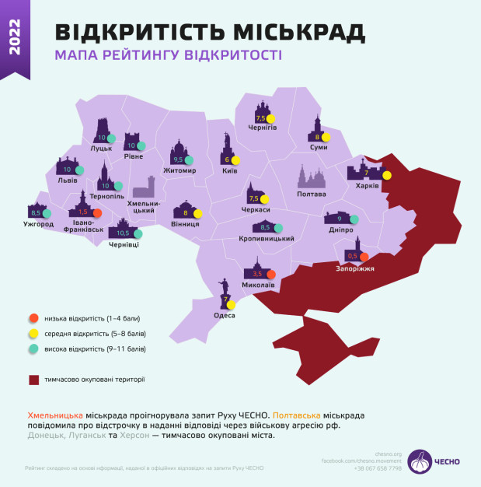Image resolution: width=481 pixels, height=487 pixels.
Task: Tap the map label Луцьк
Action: pyautogui.click(x=101, y=147)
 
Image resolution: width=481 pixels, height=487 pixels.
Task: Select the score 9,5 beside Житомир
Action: pyautogui.click(x=177, y=159)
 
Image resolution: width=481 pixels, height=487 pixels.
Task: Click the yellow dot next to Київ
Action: pyautogui.click(x=235, y=160)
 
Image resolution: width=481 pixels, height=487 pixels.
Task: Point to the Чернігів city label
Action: pyautogui.click(x=263, y=128)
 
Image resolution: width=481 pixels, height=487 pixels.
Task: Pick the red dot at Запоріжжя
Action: pyautogui.click(x=364, y=257)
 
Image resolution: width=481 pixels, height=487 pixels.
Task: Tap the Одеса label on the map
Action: pyautogui.click(x=225, y=315)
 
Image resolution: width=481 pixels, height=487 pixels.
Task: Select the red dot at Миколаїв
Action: pyautogui.click(x=271, y=274)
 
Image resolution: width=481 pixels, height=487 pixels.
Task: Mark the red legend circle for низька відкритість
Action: pyautogui.click(x=33, y=317)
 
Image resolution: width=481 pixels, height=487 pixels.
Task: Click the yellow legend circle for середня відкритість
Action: pyautogui.click(x=33, y=333)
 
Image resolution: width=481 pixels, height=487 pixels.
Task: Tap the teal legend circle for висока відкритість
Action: pyautogui.click(x=33, y=349)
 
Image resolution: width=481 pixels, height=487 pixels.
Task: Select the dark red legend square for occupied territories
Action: pyautogui.click(x=33, y=380)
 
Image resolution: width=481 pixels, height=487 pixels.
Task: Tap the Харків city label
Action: pyautogui.click(x=367, y=186)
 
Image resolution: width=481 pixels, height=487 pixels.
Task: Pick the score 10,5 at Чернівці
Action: pyautogui.click(x=123, y=233)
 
